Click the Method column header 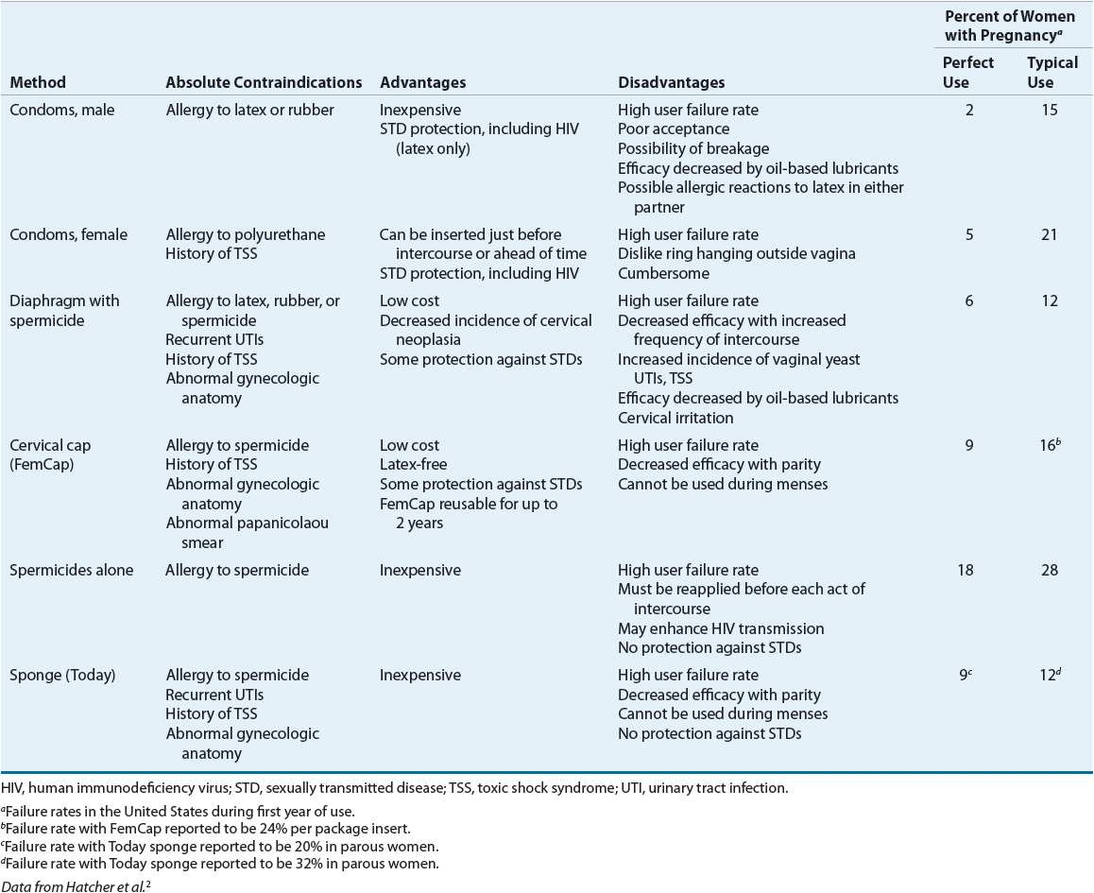coord(38,83)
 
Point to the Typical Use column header coord(1052,72)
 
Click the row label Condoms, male coord(62,110)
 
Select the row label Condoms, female coord(68,234)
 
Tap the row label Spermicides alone coord(72,570)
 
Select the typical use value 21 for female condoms coord(1052,234)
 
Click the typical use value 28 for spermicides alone coord(1052,570)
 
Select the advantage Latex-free coord(414,465)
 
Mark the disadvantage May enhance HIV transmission coord(721,628)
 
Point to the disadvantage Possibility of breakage coord(693,148)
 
